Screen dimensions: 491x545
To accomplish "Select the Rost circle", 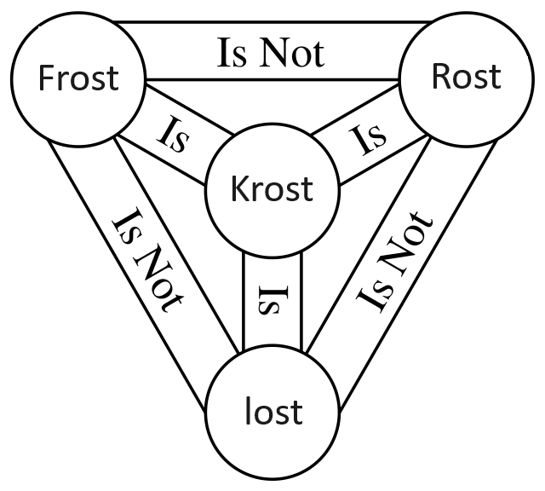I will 465,77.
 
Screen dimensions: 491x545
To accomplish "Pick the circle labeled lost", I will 272,412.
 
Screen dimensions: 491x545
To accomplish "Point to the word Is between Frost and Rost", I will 232,54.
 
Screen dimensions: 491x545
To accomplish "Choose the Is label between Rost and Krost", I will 370,136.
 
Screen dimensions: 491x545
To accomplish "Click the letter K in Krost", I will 239,189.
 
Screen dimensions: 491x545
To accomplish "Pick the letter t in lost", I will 297,412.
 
